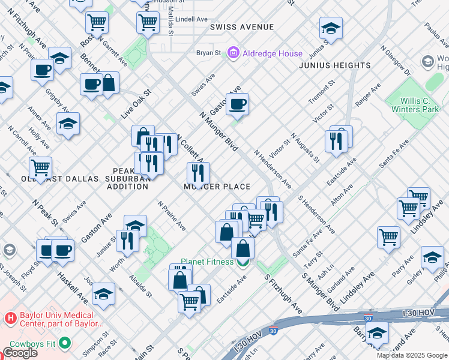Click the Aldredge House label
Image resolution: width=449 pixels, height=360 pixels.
273,53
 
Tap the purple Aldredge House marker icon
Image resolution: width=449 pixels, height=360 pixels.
234,53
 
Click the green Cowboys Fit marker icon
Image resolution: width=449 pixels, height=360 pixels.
64,344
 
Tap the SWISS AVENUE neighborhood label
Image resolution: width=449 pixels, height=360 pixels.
242,27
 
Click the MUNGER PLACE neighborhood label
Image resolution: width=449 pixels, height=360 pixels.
217,187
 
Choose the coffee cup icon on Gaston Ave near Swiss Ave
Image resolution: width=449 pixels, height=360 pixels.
238,104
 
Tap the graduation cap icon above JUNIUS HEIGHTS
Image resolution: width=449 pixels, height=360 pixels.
330,28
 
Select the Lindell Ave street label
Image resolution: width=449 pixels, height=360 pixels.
192,19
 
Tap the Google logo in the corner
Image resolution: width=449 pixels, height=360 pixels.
20,353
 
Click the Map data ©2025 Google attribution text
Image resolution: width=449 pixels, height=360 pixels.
411,355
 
